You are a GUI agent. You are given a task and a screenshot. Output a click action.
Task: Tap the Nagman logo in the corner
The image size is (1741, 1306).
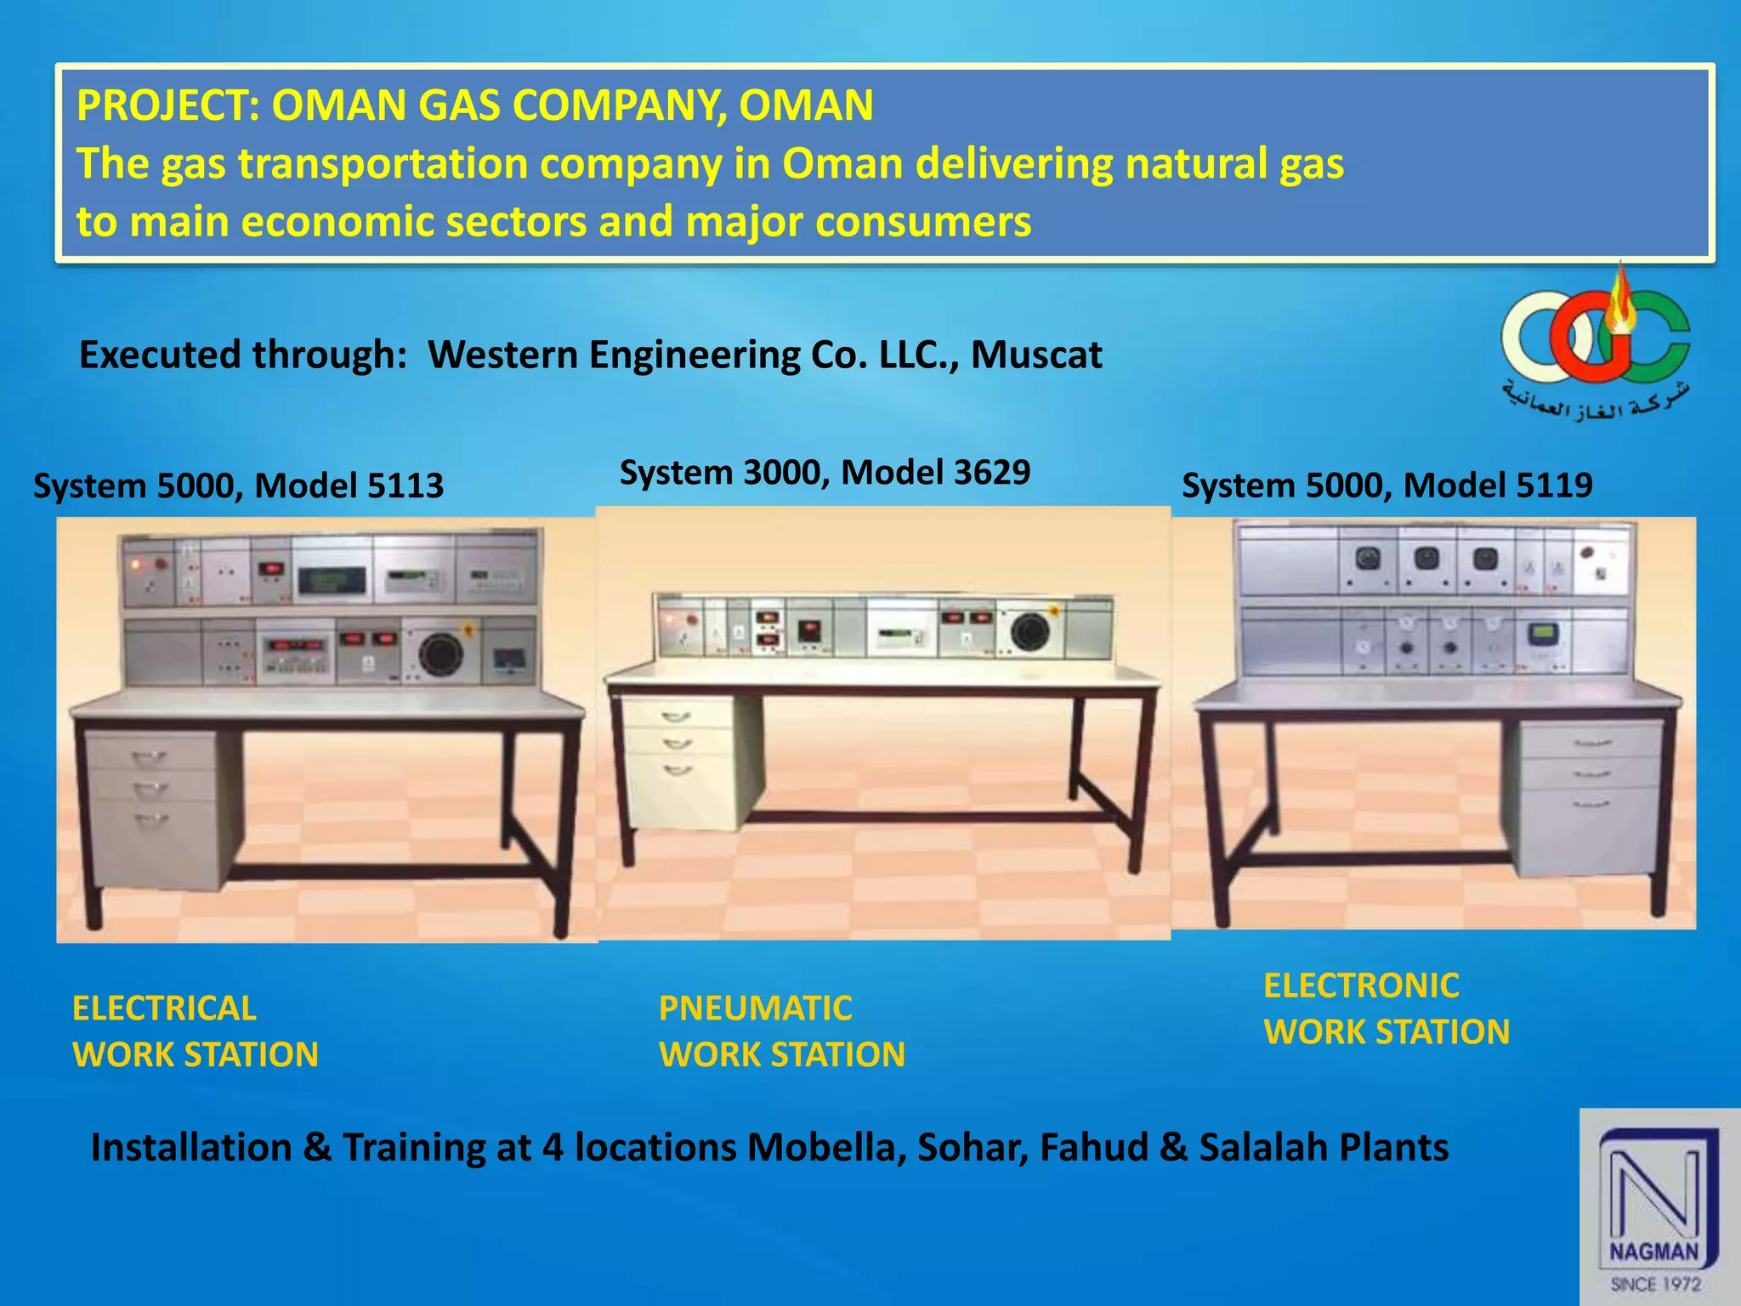click(1658, 1207)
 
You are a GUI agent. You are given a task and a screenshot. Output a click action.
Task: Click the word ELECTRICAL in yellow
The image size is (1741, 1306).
click(164, 1008)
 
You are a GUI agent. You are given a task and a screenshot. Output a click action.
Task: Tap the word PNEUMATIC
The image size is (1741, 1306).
click(755, 1008)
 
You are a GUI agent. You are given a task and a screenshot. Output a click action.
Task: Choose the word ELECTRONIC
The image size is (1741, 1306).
click(1361, 985)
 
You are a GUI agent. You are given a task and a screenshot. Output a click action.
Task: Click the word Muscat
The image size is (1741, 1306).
click(1036, 355)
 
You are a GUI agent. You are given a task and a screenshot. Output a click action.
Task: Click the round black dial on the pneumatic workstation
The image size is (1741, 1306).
click(1029, 631)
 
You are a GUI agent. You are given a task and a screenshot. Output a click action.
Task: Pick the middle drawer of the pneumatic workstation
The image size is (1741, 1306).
click(678, 742)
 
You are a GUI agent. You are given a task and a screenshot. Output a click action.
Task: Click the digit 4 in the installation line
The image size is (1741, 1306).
click(553, 1147)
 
